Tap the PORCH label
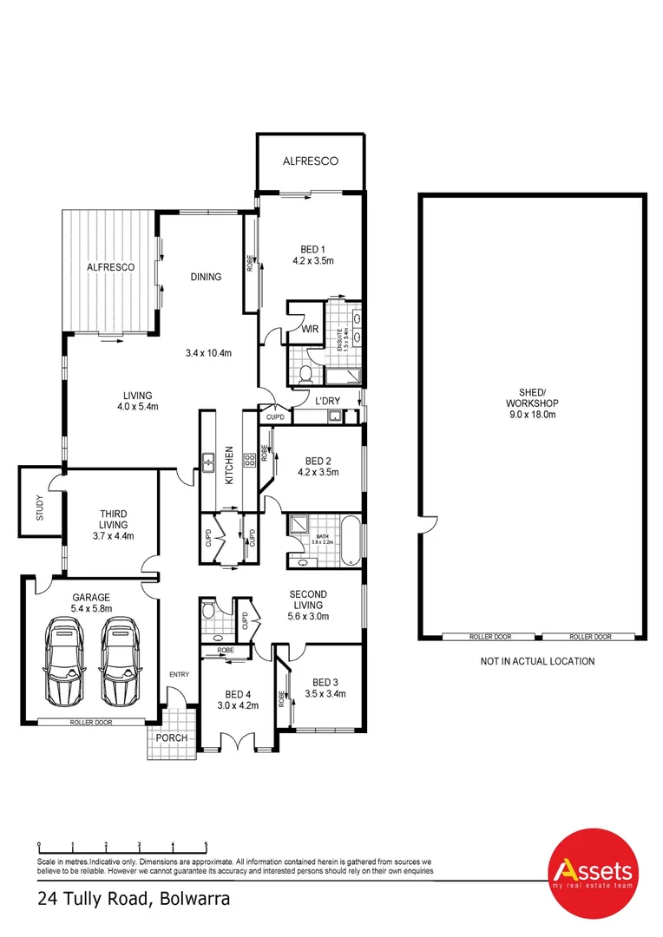172,738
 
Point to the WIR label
310,330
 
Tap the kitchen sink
209,462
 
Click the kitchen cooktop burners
249,457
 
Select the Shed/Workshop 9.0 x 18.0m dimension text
532,415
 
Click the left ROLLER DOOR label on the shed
490,637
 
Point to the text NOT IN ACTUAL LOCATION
537,661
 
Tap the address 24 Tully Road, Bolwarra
134,900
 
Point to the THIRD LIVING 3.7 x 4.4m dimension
113,536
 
